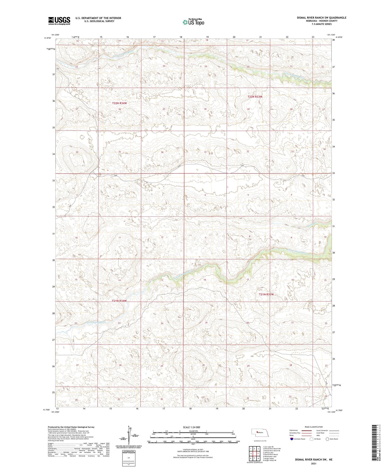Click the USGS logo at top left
(59, 20)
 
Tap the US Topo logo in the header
(193, 22)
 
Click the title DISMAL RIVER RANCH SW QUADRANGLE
(321, 18)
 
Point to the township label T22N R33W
(255, 96)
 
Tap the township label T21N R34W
(119, 301)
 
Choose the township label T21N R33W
(266, 294)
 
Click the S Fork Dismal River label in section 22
(95, 322)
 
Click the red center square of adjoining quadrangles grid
(254, 454)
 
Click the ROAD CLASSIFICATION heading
(314, 427)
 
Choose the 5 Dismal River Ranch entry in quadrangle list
(270, 454)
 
